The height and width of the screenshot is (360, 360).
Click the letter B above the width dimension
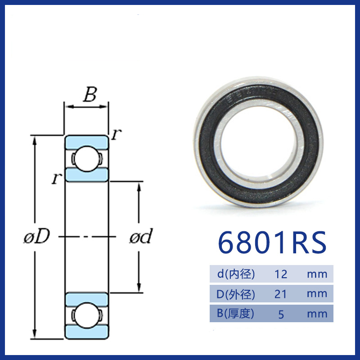point(90,94)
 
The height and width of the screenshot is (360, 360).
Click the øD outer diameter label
point(37,236)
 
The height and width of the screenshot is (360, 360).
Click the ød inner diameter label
point(141,236)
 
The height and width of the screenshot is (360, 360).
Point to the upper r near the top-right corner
point(117,134)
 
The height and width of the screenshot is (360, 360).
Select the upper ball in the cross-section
point(86,159)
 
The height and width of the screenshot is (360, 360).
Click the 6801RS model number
point(272,243)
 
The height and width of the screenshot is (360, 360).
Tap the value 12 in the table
point(281,274)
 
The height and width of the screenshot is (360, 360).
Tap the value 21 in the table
point(280,294)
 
